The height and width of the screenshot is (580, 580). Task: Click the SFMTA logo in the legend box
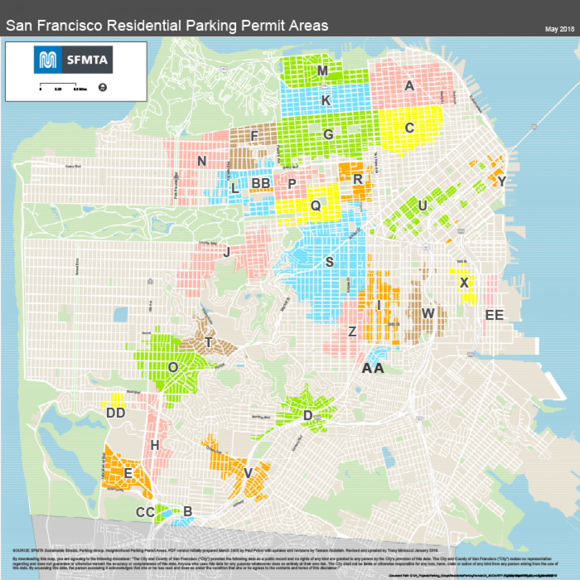coord(73,60)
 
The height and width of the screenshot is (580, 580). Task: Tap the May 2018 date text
coord(559,29)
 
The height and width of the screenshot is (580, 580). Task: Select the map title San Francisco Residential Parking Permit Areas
coord(167,25)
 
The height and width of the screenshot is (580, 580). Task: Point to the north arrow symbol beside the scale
coord(102,88)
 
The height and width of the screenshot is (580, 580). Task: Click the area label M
coord(322,71)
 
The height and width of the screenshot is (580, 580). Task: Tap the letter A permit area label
coord(409,86)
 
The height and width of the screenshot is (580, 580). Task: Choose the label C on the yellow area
coord(409,128)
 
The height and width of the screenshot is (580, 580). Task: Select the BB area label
coord(260,183)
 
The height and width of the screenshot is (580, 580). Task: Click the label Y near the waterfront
coord(502,182)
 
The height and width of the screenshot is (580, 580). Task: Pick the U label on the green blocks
coord(422,206)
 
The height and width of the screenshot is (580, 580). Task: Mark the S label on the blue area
coord(329,263)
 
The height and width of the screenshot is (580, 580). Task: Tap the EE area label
coord(494,315)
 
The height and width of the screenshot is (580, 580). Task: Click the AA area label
coord(372,368)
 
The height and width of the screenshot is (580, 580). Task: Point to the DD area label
coord(115,413)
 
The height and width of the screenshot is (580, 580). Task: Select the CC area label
coord(145,512)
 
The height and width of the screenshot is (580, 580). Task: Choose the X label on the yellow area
coord(463,283)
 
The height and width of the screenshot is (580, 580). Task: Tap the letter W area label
coord(427,313)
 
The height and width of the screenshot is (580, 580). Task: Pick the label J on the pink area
coord(226,252)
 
